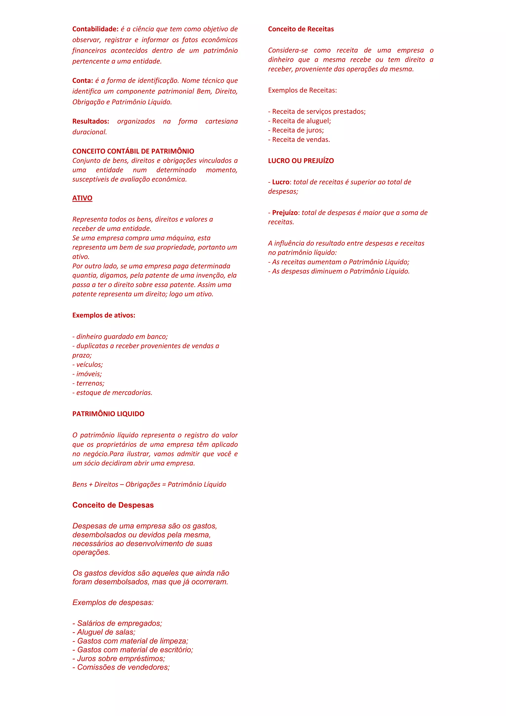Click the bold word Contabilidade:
click(95, 29)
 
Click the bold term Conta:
click(83, 80)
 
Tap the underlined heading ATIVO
click(82, 198)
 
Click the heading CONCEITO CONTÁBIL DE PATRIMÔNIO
click(133, 151)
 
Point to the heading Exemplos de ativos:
click(104, 315)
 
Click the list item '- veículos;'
click(87, 364)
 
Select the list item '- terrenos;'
click(88, 383)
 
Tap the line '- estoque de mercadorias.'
click(112, 393)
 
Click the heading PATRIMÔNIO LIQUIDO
click(108, 414)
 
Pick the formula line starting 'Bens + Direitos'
click(149, 484)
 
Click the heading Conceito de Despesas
click(113, 505)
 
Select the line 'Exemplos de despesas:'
click(113, 603)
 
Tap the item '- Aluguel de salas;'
click(104, 632)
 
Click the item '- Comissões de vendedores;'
click(121, 667)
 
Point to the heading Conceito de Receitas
click(301, 29)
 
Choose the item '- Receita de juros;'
click(296, 130)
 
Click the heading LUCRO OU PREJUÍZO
click(301, 161)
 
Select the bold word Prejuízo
click(285, 213)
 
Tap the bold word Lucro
click(281, 182)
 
